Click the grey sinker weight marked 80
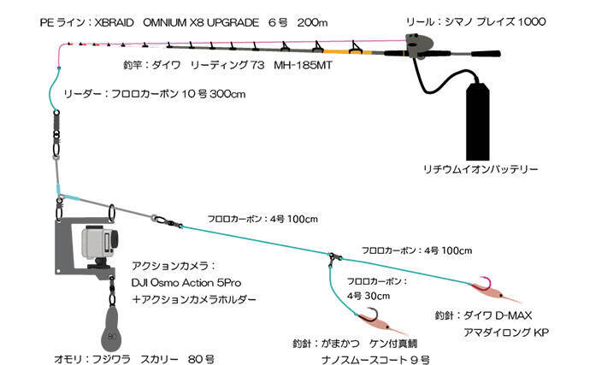coord(113,324)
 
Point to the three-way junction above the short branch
coord(333,256)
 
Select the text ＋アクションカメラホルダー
coord(194,299)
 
